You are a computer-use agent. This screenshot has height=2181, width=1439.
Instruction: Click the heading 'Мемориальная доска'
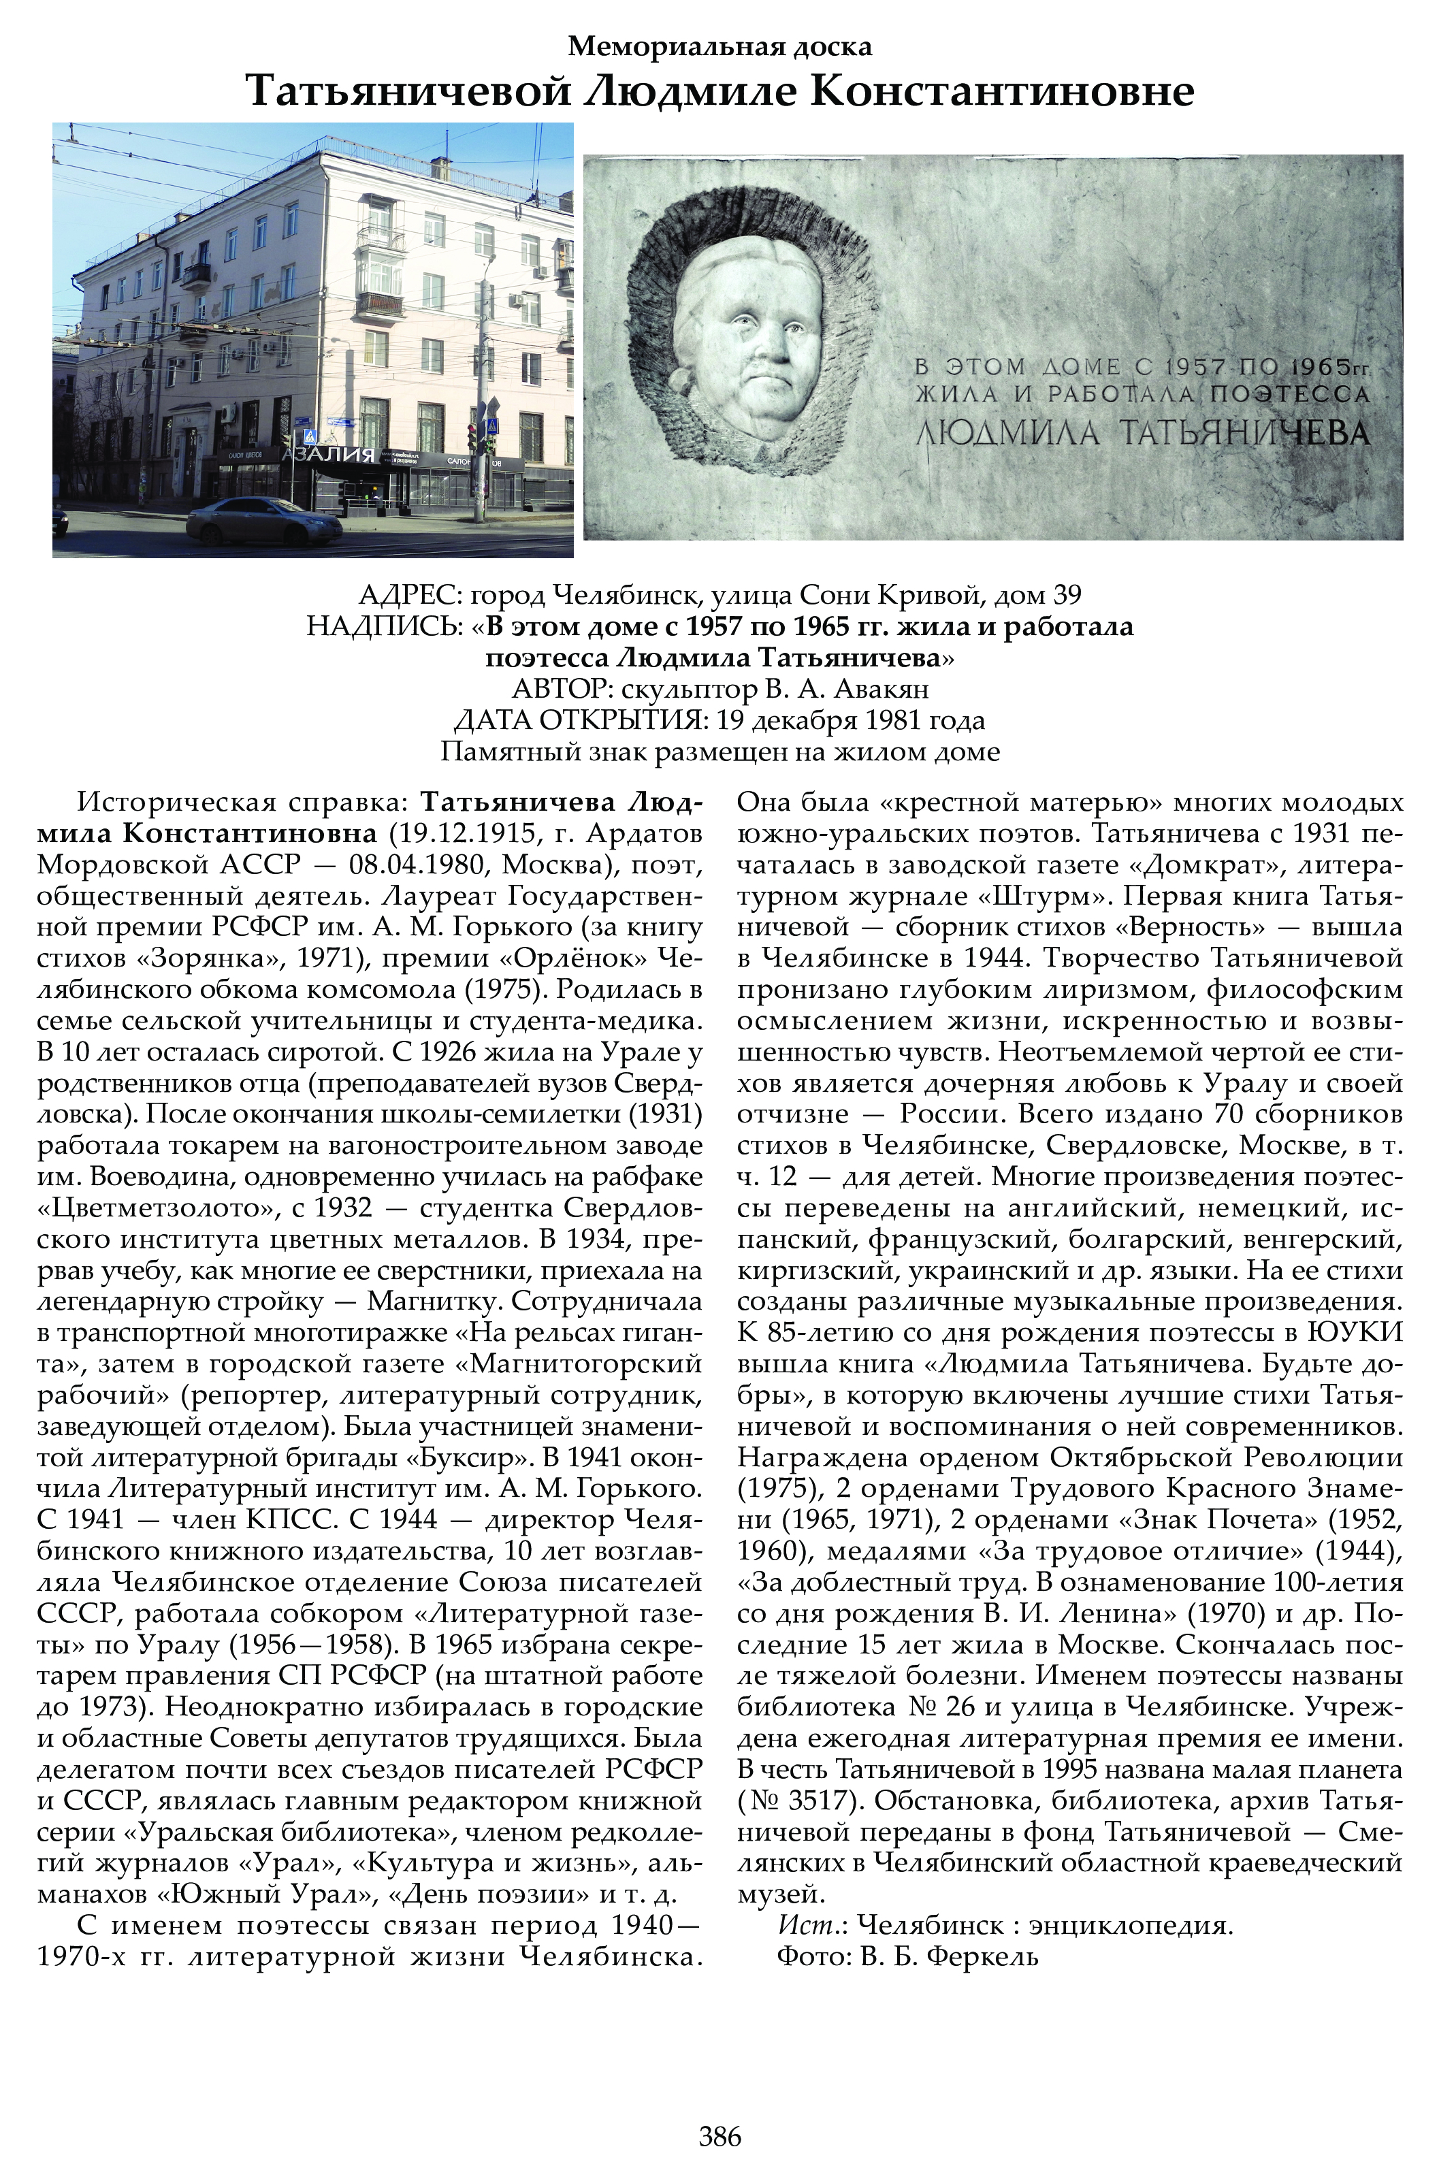[719, 46]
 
